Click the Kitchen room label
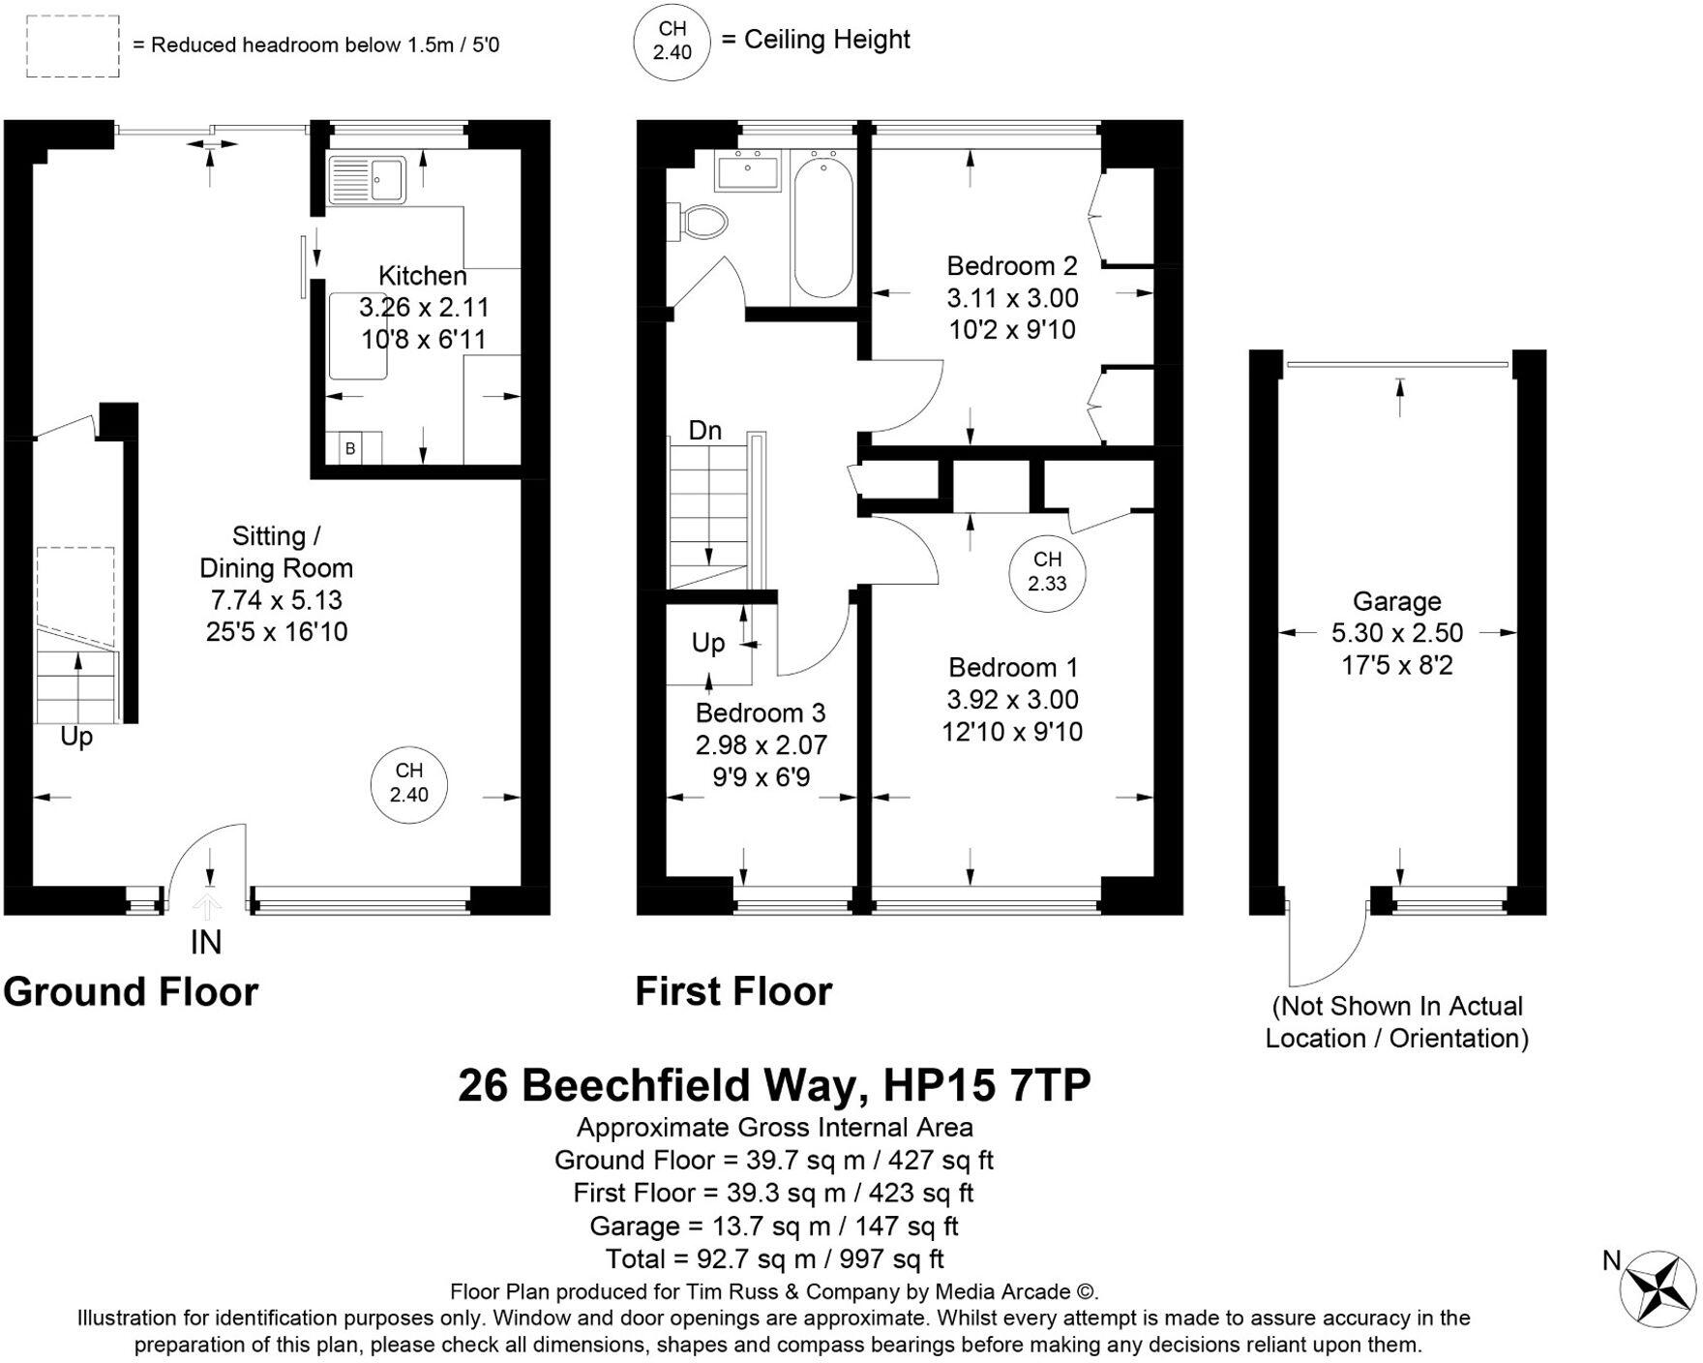pyautogui.click(x=422, y=276)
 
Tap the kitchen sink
pyautogui.click(x=368, y=179)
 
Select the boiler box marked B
pyautogui.click(x=350, y=448)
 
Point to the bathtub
pyautogui.click(x=822, y=227)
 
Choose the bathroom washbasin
pyautogui.click(x=747, y=170)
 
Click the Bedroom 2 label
pyautogui.click(x=1011, y=266)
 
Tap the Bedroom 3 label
pyautogui.click(x=761, y=713)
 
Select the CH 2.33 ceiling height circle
pyautogui.click(x=1047, y=571)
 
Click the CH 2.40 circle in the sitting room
pyautogui.click(x=409, y=782)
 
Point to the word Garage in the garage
pyautogui.click(x=1396, y=601)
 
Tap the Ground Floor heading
pyautogui.click(x=131, y=992)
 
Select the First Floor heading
pyautogui.click(x=733, y=992)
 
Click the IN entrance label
pyautogui.click(x=205, y=942)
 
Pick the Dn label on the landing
pyautogui.click(x=705, y=431)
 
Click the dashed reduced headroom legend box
pyautogui.click(x=73, y=45)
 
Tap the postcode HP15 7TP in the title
pyautogui.click(x=987, y=1085)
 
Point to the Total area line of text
pyautogui.click(x=774, y=1258)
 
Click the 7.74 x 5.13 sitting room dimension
pyautogui.click(x=277, y=600)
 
